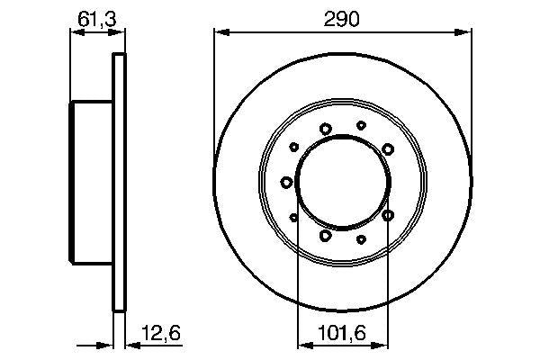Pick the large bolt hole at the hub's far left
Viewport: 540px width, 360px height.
pos(287,183)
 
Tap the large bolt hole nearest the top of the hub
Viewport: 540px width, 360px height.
pos(325,129)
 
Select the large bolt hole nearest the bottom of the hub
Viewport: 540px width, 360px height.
pos(325,236)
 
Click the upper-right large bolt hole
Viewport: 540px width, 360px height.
pos(387,148)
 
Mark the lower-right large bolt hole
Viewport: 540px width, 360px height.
pos(388,216)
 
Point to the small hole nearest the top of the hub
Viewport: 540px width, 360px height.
pos(361,126)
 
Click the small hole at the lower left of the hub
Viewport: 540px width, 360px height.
pos(294,217)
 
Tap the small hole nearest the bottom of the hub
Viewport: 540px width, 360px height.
pos(361,239)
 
